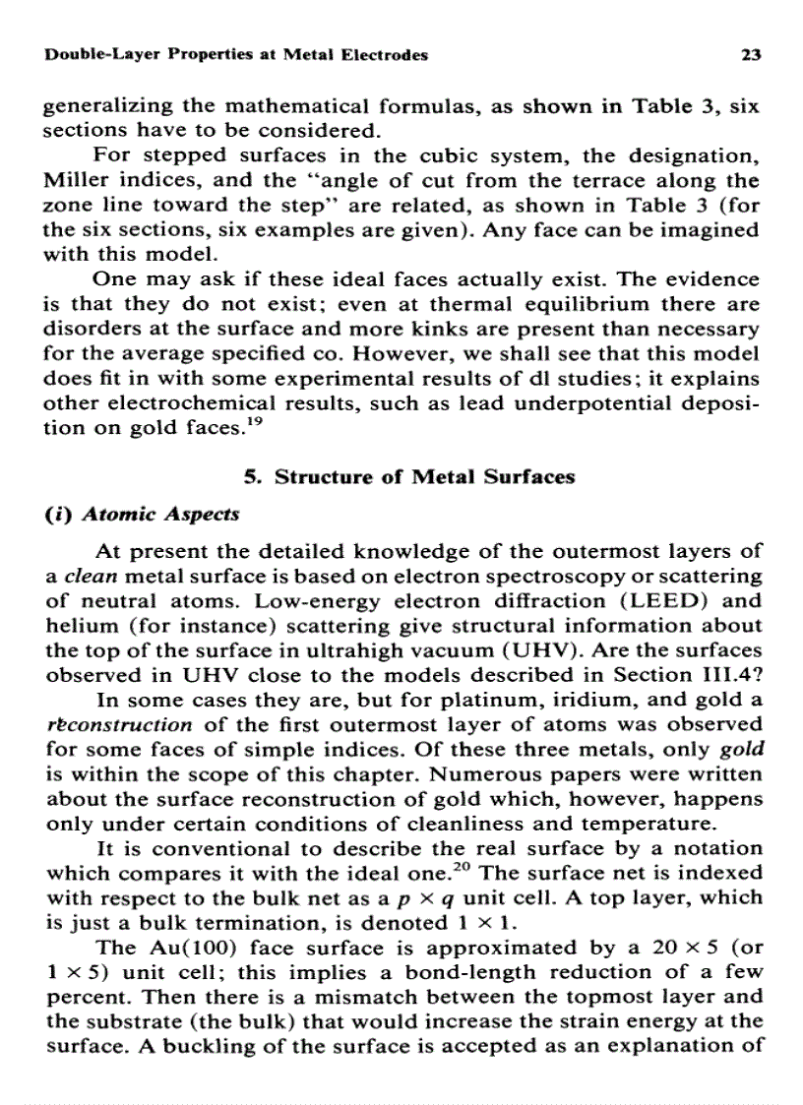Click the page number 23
click(750, 55)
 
